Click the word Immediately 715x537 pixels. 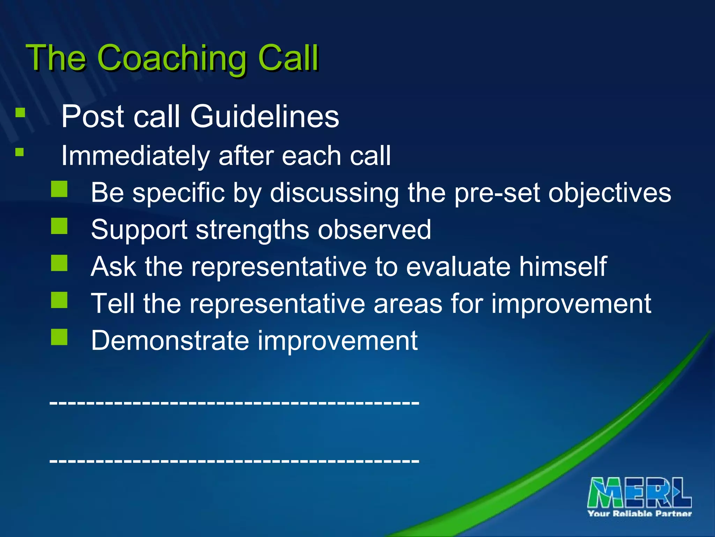tap(135, 156)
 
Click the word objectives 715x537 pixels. tap(609, 193)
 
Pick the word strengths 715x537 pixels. tap(252, 230)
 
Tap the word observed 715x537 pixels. tap(374, 230)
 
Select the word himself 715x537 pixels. tap(562, 267)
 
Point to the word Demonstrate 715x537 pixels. tap(170, 341)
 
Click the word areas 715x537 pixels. tap(407, 303)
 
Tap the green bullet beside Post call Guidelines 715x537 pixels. tap(20, 113)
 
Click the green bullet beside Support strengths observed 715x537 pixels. tap(59, 226)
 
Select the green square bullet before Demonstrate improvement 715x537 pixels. tap(59, 337)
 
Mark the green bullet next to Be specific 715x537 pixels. tap(59, 189)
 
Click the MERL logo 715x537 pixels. tap(639, 493)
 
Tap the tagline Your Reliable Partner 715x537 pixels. tap(639, 514)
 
